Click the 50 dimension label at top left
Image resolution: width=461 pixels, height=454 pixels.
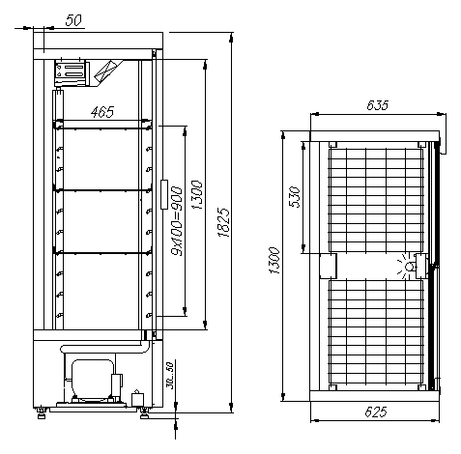pyautogui.click(x=73, y=20)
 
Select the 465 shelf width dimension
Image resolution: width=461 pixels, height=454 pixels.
pyautogui.click(x=102, y=112)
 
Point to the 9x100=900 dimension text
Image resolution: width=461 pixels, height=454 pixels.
pyautogui.click(x=177, y=221)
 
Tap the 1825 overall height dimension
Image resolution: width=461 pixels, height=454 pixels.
pyautogui.click(x=223, y=223)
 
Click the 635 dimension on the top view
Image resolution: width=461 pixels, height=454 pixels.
pyautogui.click(x=378, y=105)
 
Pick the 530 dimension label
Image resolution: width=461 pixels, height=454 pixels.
pyautogui.click(x=295, y=197)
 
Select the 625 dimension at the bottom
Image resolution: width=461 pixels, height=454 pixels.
pyautogui.click(x=376, y=411)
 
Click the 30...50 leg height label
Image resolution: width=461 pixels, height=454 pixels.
pyautogui.click(x=170, y=376)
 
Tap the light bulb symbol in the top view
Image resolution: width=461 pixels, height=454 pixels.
pyautogui.click(x=407, y=266)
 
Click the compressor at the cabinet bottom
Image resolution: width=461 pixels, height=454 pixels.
pyautogui.click(x=93, y=380)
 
